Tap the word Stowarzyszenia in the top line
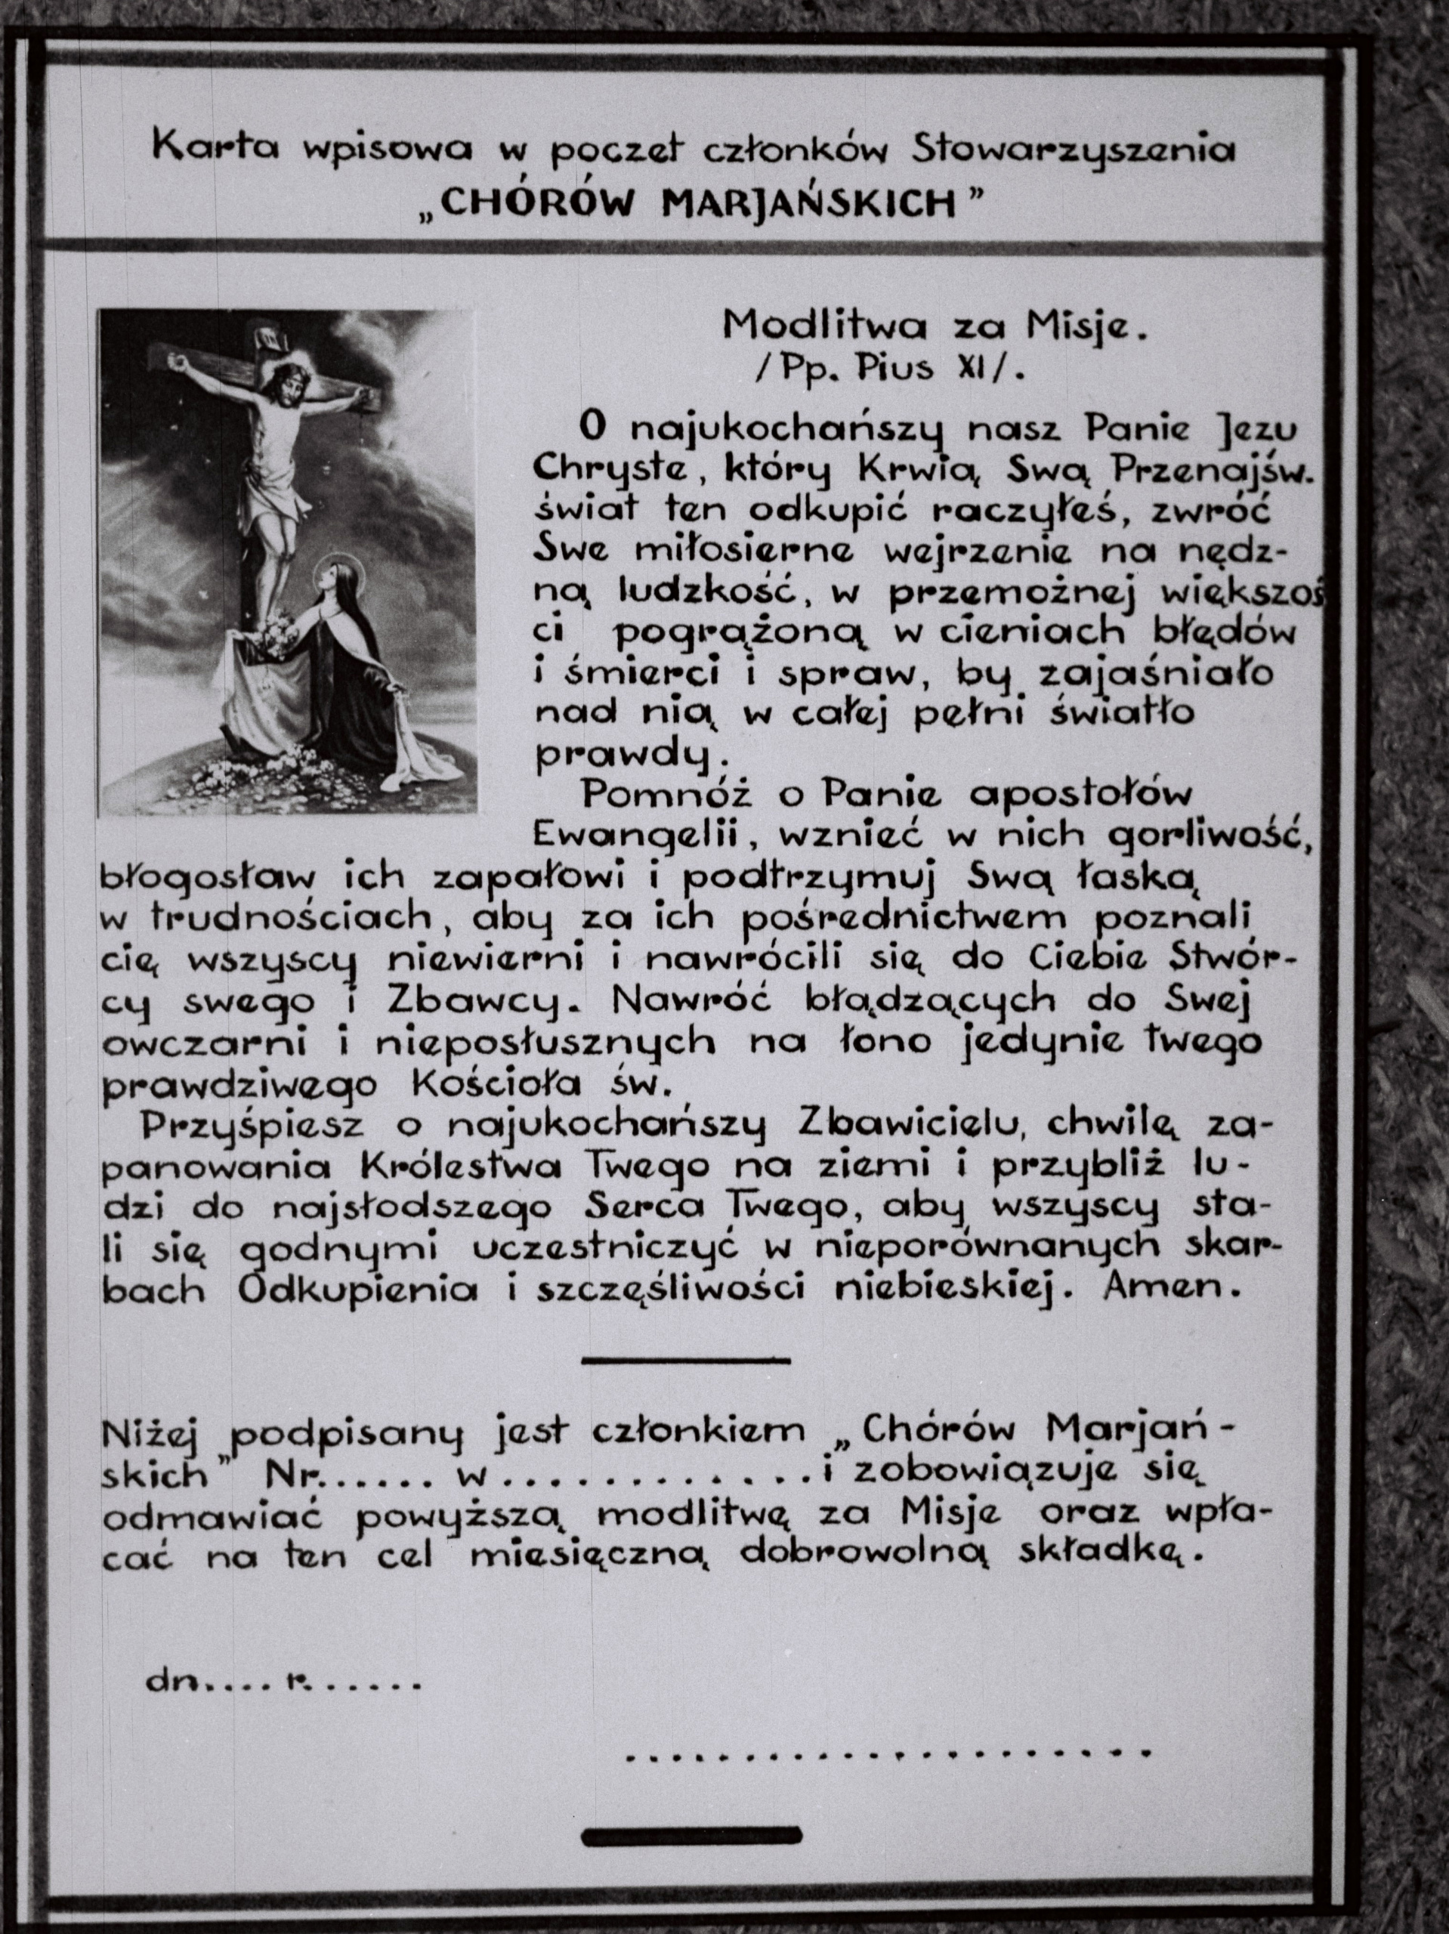(x=1074, y=150)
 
